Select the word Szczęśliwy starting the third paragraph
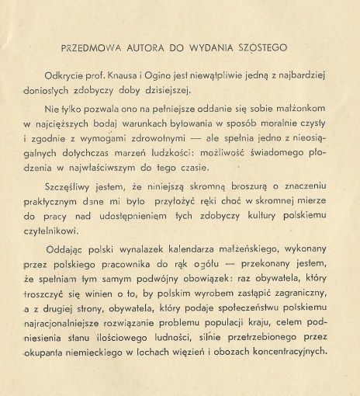[98, 188]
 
